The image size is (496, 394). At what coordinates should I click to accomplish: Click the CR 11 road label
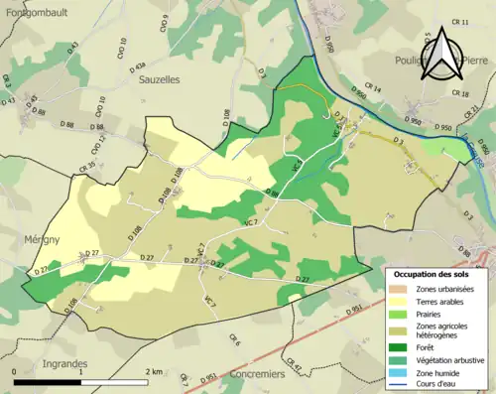tap(458, 22)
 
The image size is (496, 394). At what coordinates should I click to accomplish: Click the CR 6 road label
tap(235, 341)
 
